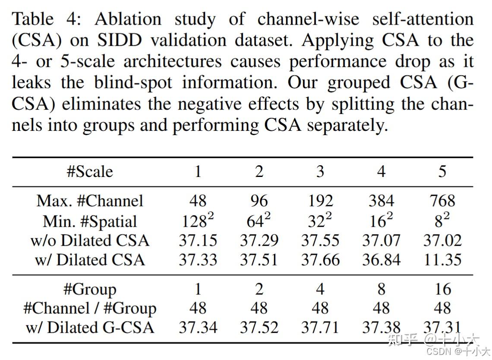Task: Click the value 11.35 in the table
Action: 442,260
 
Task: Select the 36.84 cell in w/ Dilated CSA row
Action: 381,260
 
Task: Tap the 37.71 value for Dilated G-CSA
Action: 320,328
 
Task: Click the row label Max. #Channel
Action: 90,201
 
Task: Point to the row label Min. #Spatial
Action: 90,221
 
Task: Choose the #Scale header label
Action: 90,172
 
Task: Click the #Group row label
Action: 90,289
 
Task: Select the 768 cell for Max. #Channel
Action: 442,201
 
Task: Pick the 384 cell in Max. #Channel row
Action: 381,201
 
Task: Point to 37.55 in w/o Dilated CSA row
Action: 320,240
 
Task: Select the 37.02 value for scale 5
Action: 442,240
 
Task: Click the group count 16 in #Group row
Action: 442,289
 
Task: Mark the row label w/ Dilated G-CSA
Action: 90,328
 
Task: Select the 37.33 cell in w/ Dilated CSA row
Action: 198,260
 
